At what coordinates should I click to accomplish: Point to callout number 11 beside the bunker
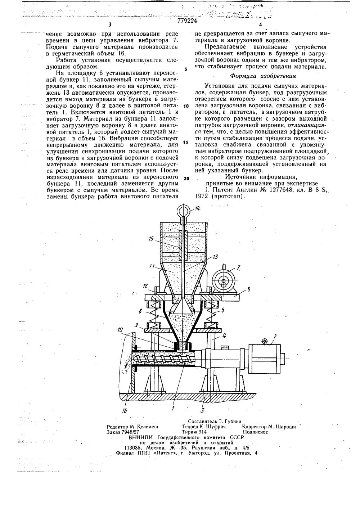click(x=153, y=267)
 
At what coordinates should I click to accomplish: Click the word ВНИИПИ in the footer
click(x=142, y=437)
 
